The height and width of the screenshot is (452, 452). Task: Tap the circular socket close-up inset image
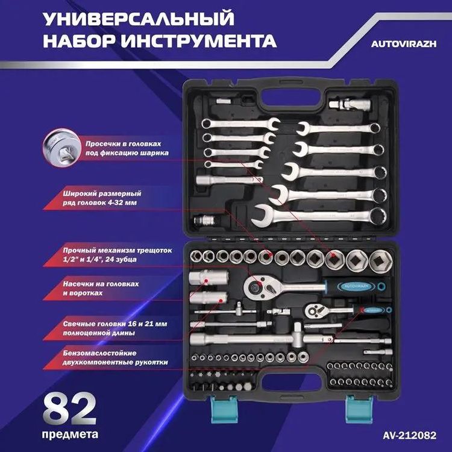60,148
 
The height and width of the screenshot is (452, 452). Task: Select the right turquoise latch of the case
354,409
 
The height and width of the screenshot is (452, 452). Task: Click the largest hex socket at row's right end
380,260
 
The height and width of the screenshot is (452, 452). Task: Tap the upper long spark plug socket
207,279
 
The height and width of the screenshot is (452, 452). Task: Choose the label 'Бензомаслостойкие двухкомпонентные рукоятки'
113,357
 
